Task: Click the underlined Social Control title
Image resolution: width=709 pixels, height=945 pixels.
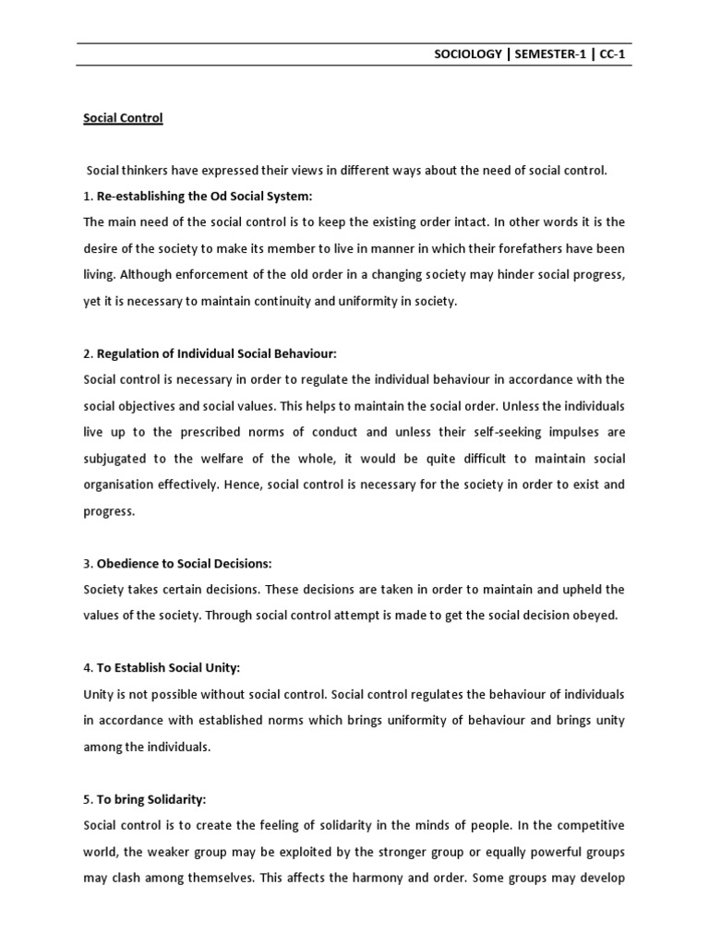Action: coord(123,118)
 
